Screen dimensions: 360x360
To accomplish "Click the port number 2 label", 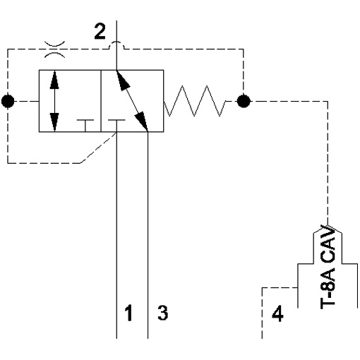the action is click(100, 31).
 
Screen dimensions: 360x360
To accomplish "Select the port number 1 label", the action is click(128, 313).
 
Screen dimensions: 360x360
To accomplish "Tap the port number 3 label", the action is click(163, 313).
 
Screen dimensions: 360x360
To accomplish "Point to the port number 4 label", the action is click(277, 313).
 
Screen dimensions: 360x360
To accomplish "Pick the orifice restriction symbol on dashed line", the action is click(54, 49).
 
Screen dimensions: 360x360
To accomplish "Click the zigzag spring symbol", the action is click(195, 101).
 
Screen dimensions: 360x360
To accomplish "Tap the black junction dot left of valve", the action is click(8, 101).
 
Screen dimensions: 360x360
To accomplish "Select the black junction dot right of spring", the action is click(244, 101).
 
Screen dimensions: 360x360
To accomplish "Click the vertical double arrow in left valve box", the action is click(54, 101).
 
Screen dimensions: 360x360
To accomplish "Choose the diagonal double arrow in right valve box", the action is click(132, 101).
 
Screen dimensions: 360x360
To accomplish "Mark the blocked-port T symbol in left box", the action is click(85, 126).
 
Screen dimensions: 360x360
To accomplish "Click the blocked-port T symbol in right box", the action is click(116, 126).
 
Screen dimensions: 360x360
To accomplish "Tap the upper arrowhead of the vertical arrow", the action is click(54, 80).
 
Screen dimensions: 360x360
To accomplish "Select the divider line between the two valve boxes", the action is click(101, 101).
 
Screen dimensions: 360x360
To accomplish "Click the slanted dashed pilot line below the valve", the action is click(98, 148).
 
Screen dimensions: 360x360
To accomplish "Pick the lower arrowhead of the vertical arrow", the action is click(54, 122).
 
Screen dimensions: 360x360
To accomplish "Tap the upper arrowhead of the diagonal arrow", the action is click(123, 80).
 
